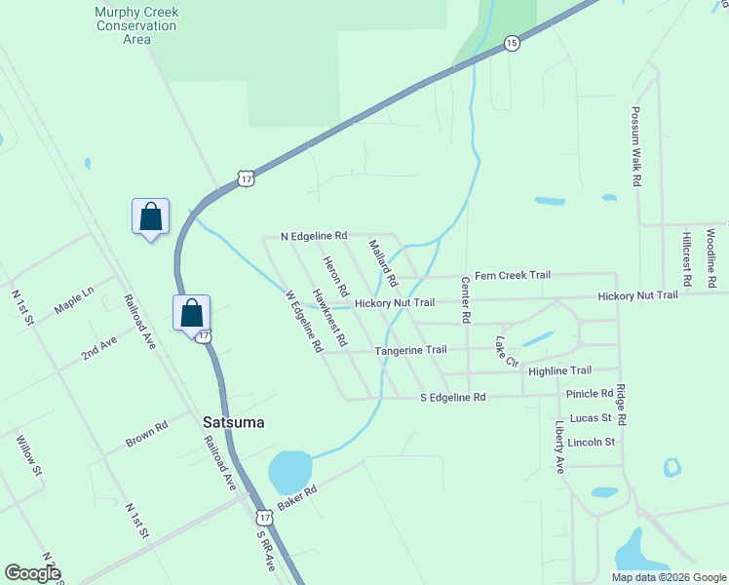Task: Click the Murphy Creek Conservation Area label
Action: click(136, 26)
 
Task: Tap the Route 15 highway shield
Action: click(512, 43)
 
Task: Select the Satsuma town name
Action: click(234, 423)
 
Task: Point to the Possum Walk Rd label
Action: click(635, 146)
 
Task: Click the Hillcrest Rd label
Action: click(687, 259)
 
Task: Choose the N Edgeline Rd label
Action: click(314, 236)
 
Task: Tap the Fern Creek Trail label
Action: click(513, 275)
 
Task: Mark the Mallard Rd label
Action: click(383, 264)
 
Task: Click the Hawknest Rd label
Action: click(329, 318)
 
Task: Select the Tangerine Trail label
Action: click(410, 350)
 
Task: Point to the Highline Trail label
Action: click(559, 370)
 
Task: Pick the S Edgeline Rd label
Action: click(452, 398)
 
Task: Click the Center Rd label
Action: click(466, 300)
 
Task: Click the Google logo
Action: click(32, 572)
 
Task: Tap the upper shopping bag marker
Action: click(151, 216)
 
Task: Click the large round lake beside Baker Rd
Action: click(289, 472)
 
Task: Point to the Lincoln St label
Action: click(591, 442)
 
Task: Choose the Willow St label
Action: click(29, 455)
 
